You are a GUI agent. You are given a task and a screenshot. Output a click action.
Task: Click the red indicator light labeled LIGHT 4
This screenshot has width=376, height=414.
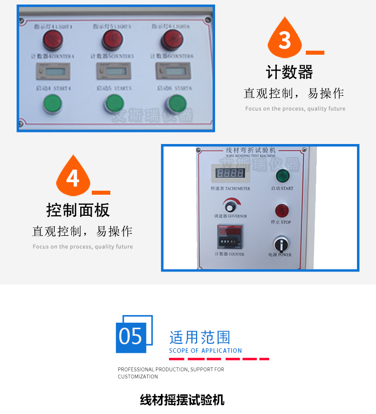click(x=52, y=40)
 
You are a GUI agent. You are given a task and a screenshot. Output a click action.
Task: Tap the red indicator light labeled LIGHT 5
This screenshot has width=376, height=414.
click(x=112, y=40)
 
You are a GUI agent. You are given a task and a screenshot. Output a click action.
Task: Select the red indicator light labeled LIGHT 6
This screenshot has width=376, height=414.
click(x=170, y=40)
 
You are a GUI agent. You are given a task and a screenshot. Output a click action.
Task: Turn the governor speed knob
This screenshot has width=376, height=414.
click(x=231, y=206)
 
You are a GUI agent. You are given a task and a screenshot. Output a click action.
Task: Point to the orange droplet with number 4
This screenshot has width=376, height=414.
click(x=73, y=177)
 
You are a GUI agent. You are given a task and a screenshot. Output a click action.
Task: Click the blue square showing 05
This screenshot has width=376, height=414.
click(x=131, y=335)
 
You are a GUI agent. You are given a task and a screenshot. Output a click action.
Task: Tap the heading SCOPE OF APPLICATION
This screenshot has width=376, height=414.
click(x=206, y=350)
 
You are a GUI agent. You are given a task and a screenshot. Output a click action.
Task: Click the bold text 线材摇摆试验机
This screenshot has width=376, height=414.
click(x=182, y=400)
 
